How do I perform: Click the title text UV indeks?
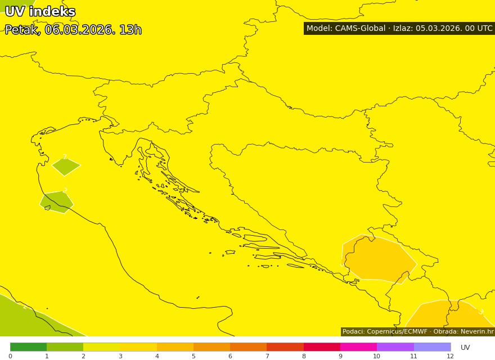[40, 12]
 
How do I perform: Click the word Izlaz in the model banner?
[403, 29]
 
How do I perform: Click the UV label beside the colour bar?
[465, 348]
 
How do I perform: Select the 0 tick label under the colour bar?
[10, 356]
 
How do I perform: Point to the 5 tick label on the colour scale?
[193, 356]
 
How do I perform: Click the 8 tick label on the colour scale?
[304, 356]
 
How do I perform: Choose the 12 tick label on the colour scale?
[450, 356]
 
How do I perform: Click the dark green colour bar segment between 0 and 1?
[28, 346]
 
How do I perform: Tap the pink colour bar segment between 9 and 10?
[358, 346]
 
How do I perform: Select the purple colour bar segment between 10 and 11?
[395, 346]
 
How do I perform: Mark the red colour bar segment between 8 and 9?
[322, 346]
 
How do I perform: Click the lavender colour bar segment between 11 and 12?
[432, 346]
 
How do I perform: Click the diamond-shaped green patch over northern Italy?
[66, 166]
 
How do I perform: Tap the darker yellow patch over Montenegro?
[380, 259]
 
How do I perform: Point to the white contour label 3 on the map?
[480, 312]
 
